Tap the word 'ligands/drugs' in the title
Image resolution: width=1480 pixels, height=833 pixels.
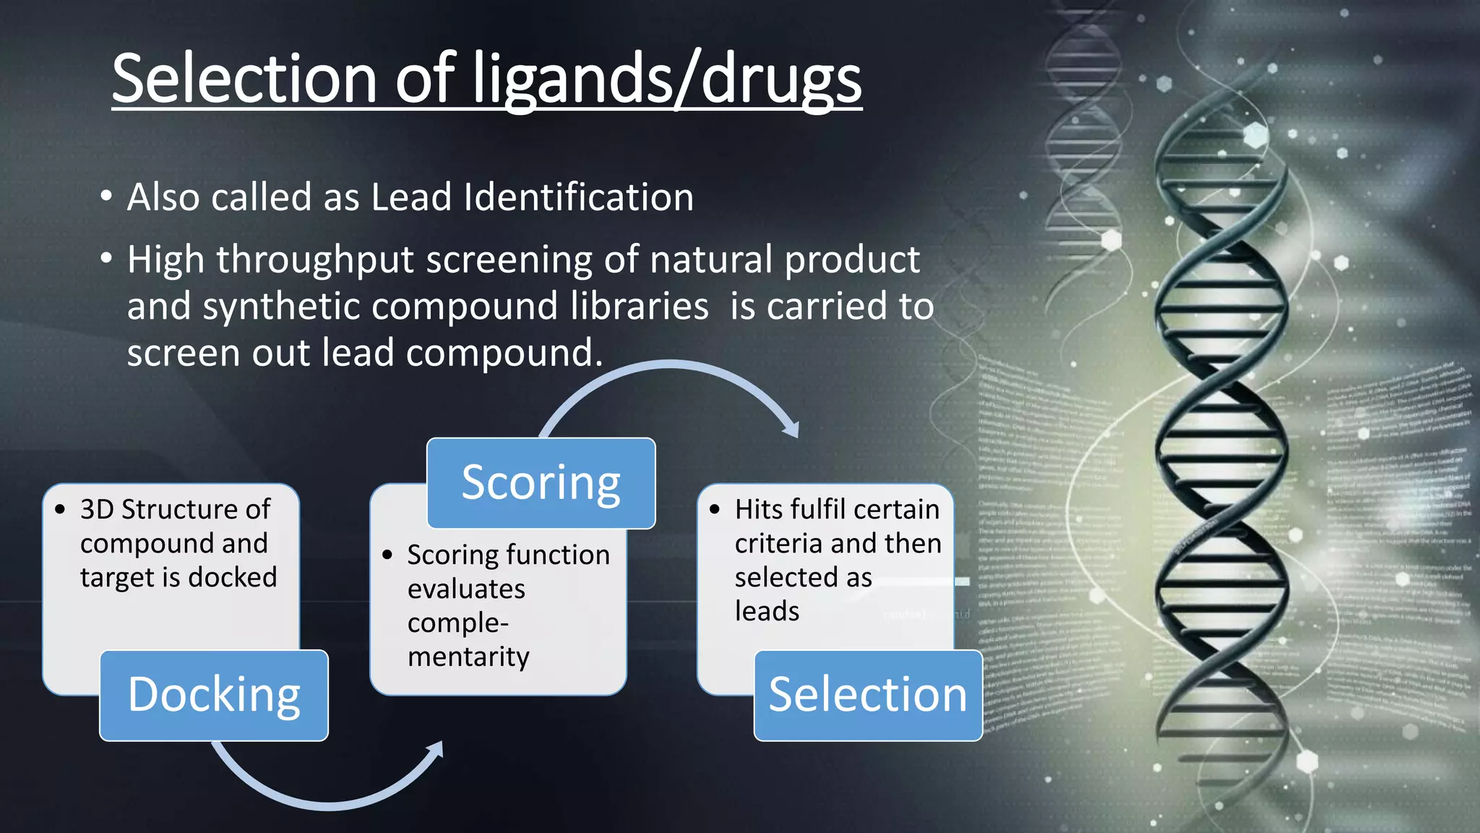coord(666,80)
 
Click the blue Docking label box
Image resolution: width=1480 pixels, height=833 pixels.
coord(214,695)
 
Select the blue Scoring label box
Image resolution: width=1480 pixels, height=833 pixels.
coord(541,483)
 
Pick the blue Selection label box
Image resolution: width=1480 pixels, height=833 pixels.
coord(867,695)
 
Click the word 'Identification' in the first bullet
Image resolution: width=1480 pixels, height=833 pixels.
coord(578,197)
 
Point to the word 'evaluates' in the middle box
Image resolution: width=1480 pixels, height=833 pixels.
coord(466,589)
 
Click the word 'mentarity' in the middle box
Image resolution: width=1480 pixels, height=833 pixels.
coord(468,657)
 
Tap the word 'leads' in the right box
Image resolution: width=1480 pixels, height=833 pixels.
coord(767,612)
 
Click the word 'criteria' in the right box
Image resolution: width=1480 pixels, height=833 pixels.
coord(783,543)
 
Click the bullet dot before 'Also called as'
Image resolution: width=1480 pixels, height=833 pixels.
coord(106,197)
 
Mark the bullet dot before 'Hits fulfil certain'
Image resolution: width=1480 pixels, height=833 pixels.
coord(715,510)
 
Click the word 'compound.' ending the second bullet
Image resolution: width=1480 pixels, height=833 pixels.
coord(504,354)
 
